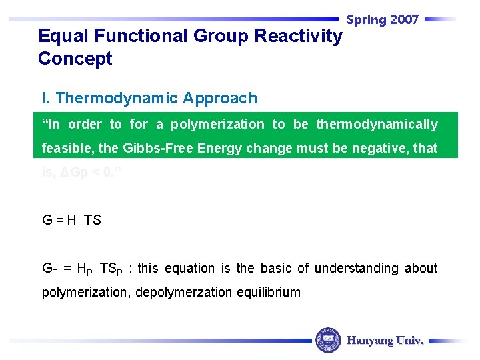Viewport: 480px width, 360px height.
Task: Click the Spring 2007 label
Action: (x=383, y=20)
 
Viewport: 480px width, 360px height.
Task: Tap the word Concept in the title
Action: (x=75, y=59)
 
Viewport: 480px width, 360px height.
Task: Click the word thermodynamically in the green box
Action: (x=377, y=125)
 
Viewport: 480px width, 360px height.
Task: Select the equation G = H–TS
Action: (x=72, y=219)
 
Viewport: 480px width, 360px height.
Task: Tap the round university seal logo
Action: (x=328, y=340)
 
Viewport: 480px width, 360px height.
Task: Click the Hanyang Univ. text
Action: (x=385, y=341)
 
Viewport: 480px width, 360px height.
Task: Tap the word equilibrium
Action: (x=276, y=292)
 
